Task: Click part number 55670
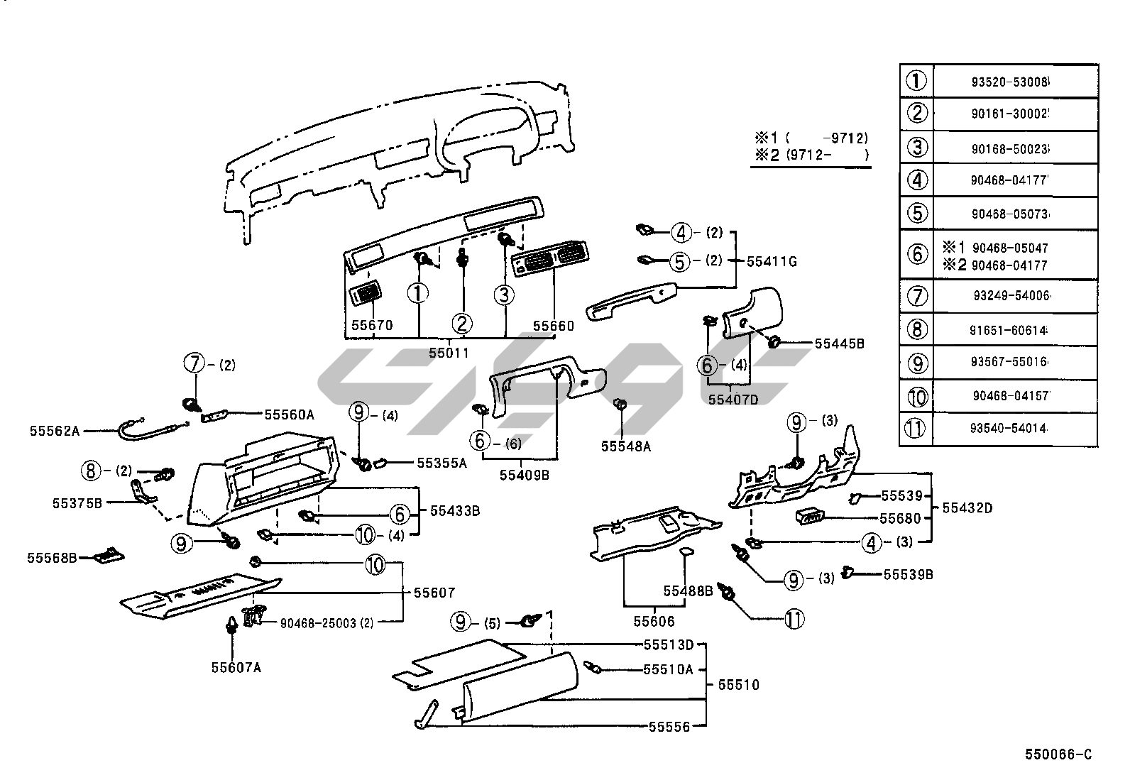[372, 326]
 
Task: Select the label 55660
[554, 326]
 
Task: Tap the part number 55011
[449, 353]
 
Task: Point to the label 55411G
[772, 262]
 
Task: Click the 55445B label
[839, 344]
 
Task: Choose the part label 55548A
[626, 446]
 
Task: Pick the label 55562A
[55, 430]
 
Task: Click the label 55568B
[52, 558]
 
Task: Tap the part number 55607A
[236, 667]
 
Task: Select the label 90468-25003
[319, 623]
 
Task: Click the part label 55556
[669, 727]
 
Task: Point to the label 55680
[901, 518]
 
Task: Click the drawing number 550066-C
[1058, 754]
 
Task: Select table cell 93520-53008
[1010, 82]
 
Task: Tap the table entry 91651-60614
[1010, 330]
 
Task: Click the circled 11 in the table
[917, 429]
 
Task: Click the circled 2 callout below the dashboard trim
[463, 324]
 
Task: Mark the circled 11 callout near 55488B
[794, 620]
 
